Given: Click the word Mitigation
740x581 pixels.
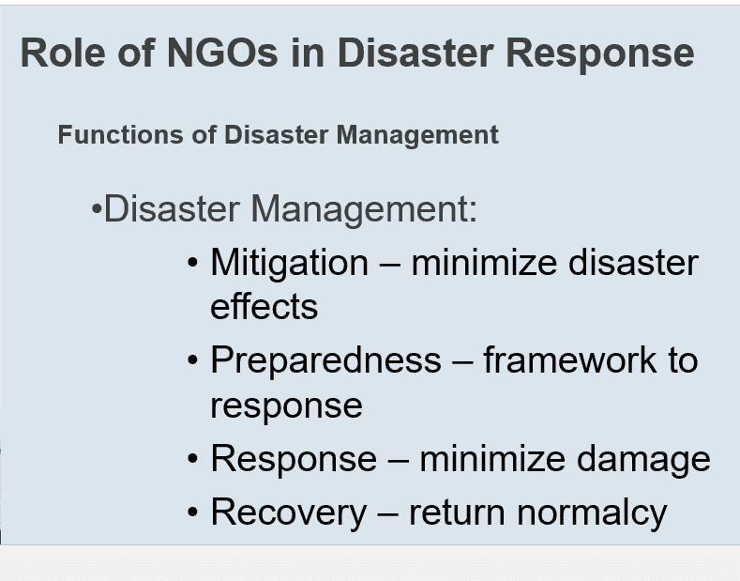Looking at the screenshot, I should pos(289,263).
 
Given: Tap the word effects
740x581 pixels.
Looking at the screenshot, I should pos(264,307).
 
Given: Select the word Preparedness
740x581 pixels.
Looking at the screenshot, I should pos(325,360).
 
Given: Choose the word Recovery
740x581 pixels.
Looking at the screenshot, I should pos(289,512).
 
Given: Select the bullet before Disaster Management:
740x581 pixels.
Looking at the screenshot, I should pos(96,208).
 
